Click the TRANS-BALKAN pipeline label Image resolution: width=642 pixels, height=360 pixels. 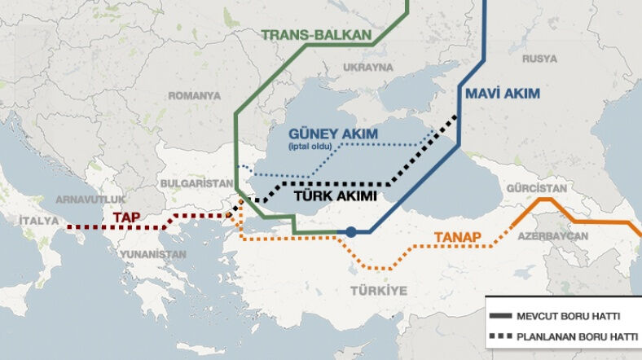316,35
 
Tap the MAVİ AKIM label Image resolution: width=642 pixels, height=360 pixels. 503,94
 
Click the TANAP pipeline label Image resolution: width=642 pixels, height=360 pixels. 457,238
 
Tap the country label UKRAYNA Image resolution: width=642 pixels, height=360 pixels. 368,67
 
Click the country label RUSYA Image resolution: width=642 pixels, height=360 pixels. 539,59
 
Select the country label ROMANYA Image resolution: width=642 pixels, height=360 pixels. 194,95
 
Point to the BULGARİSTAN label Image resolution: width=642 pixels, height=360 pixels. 194,183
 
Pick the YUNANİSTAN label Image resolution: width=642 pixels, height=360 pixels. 152,254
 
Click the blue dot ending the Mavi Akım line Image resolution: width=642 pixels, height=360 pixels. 350,232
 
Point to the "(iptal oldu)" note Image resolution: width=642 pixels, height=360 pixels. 313,147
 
